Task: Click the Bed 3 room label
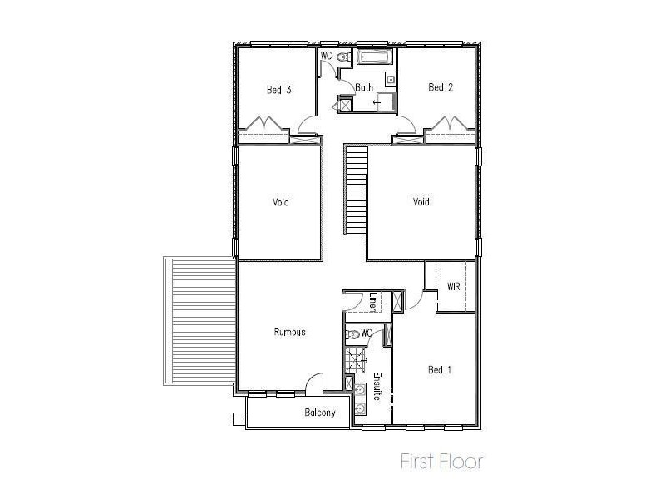click(278, 90)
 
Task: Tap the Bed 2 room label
click(440, 87)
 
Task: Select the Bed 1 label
click(439, 370)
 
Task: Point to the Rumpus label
click(290, 332)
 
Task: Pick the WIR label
click(454, 286)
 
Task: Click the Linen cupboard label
click(373, 300)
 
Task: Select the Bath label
click(364, 87)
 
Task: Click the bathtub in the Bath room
click(376, 57)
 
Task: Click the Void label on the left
click(281, 202)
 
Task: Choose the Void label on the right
click(421, 201)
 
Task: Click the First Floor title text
click(441, 461)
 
